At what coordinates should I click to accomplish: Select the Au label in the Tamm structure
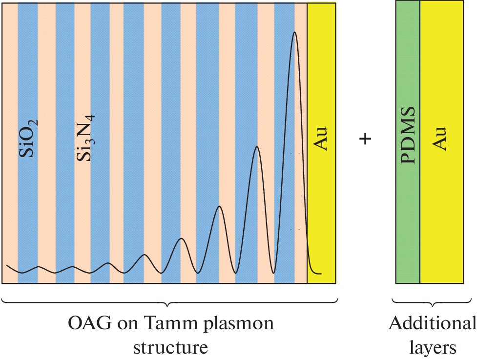click(322, 139)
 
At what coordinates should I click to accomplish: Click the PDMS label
click(407, 135)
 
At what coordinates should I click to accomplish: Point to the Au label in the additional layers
click(441, 139)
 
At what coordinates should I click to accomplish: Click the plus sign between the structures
click(365, 139)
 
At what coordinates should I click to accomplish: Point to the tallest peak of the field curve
click(294, 33)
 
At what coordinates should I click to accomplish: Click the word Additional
click(432, 324)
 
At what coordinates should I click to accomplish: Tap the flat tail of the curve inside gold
click(316, 274)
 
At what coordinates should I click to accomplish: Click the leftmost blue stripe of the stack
click(27, 220)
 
